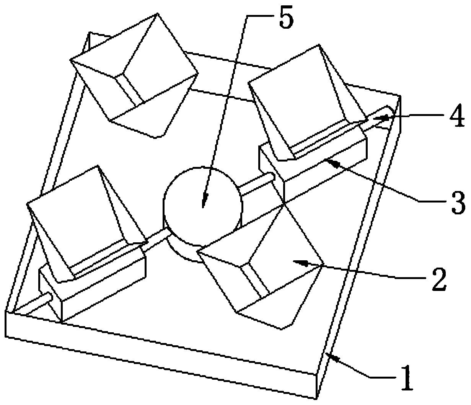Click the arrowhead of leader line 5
[204, 205]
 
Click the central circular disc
[203, 199]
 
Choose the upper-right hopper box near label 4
[302, 100]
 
